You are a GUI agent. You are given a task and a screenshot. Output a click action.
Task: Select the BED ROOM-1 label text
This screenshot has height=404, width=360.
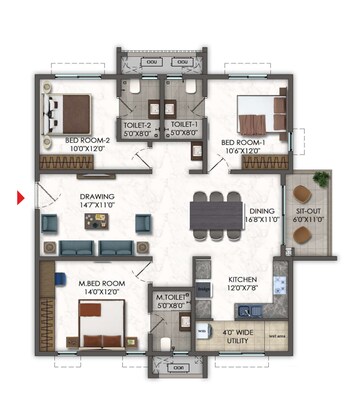(x=242, y=143)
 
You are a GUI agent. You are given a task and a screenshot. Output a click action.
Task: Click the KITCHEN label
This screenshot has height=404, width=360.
(x=246, y=280)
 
